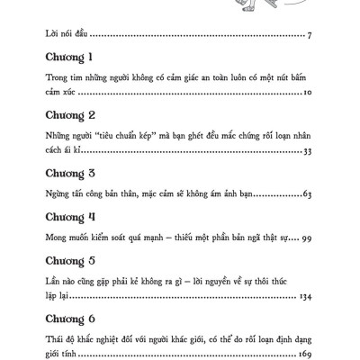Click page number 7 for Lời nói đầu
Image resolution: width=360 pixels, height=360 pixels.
(309, 37)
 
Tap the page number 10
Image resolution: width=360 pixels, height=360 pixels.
(306, 93)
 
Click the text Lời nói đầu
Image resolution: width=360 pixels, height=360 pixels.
(69, 36)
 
